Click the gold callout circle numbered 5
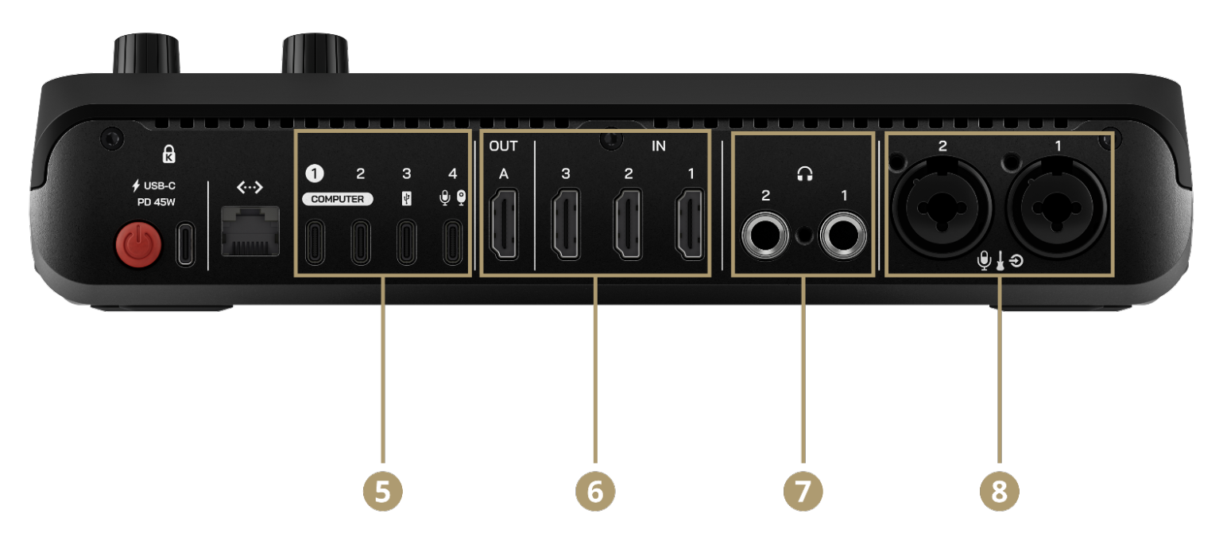pos(383,489)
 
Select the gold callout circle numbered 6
pos(595,489)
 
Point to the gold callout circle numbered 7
pos(803,489)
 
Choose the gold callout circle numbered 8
pos(999,489)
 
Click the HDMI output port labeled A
pos(504,225)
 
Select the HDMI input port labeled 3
pos(566,225)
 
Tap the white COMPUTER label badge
pos(337,199)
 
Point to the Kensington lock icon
pos(168,154)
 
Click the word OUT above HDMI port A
pos(503,146)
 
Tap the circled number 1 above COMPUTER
pos(315,173)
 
